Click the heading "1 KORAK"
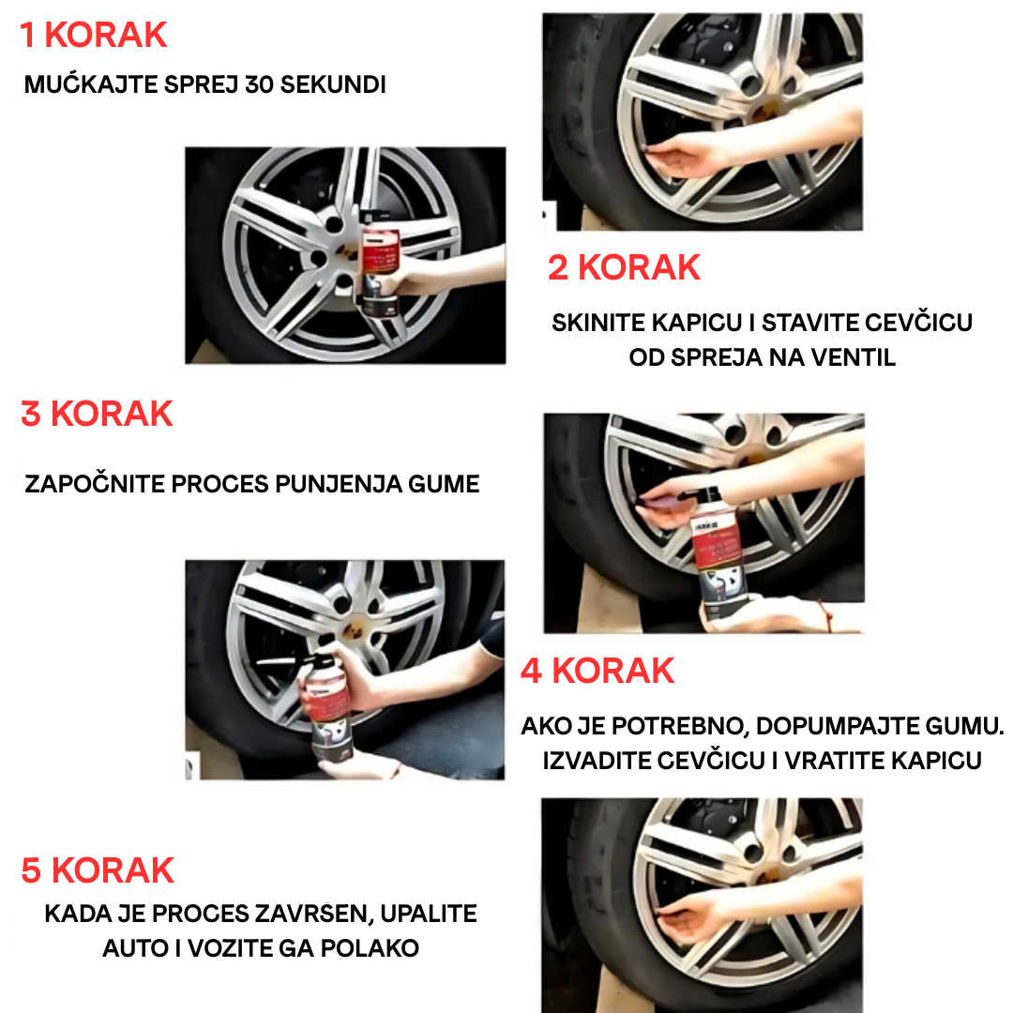coord(93,35)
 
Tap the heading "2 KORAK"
coord(624,267)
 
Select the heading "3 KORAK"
coord(97,414)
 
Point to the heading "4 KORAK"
coord(597,671)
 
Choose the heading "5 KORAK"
coord(98,870)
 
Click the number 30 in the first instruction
coord(259,84)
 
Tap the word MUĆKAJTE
coord(91,84)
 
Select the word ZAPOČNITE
coord(95,484)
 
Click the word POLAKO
coord(370,948)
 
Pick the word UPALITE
coord(429,914)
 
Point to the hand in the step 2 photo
coord(678,156)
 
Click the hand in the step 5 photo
coord(686,918)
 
